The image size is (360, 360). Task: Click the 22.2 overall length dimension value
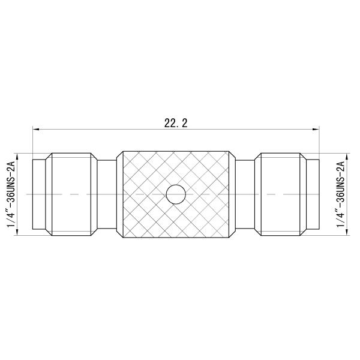[x=176, y=123]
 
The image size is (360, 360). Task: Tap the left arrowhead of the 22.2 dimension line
[x=36, y=129]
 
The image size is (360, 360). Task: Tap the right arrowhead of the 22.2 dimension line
[x=315, y=129]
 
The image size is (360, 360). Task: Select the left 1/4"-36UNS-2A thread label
[x=9, y=194]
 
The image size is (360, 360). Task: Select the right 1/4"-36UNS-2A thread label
[x=341, y=194]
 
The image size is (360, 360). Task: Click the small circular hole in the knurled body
[x=175, y=194]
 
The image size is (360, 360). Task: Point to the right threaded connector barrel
[x=280, y=194]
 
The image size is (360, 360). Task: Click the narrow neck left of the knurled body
[x=107, y=194]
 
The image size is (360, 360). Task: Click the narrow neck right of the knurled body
[x=245, y=194]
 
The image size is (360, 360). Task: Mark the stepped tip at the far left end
[x=38, y=194]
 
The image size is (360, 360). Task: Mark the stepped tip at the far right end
[x=313, y=194]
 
